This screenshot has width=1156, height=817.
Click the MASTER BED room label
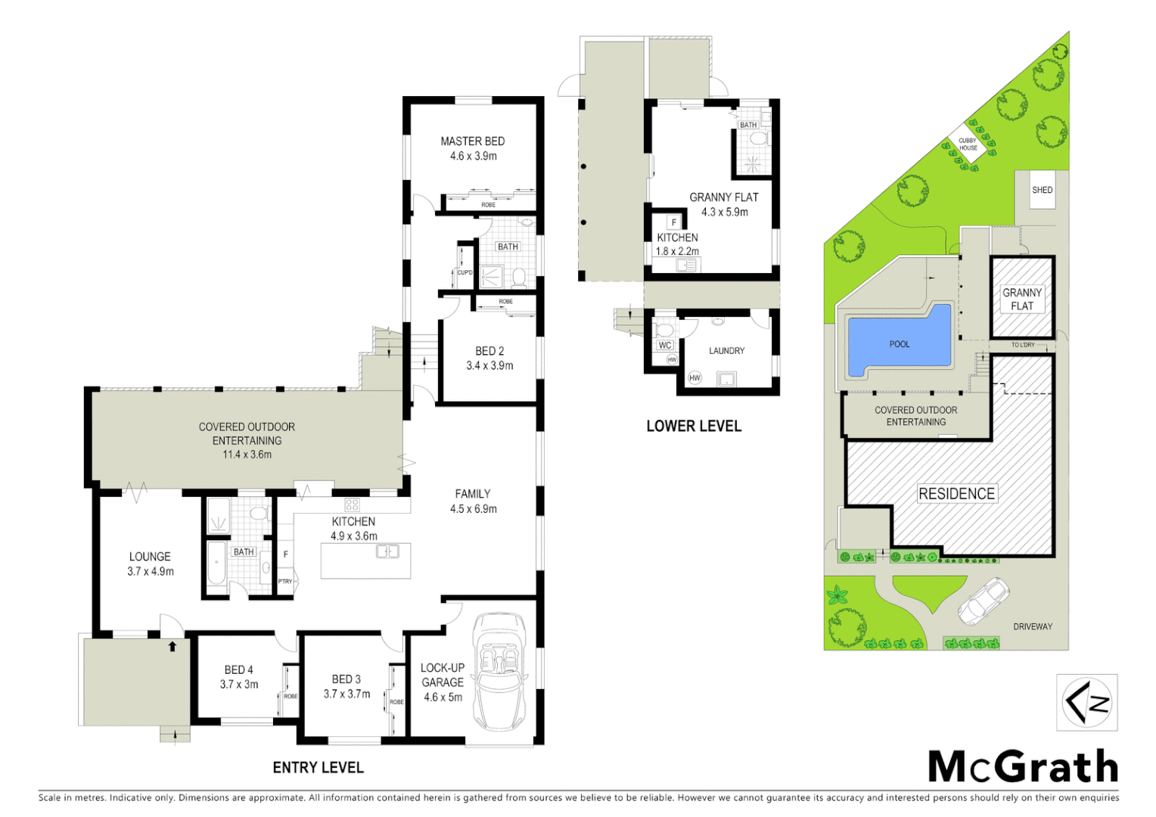(472, 141)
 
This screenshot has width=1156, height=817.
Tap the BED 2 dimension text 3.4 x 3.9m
(489, 366)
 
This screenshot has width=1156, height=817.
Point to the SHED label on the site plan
(1042, 190)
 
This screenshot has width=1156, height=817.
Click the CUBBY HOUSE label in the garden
(968, 144)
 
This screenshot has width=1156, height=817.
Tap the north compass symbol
(1086, 703)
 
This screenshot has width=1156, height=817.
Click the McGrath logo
(1023, 767)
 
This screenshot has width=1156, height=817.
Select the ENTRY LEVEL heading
(318, 768)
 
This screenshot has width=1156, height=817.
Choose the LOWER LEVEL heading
(694, 426)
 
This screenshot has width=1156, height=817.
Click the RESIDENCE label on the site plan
(956, 494)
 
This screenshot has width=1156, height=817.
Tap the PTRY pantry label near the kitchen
(285, 582)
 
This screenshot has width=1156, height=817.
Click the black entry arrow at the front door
(172, 646)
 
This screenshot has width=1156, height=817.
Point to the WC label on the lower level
(665, 346)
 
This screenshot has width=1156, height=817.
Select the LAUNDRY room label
(726, 351)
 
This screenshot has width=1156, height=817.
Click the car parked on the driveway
(983, 601)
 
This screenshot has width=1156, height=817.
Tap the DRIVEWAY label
(1032, 626)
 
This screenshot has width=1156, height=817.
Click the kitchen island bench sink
(387, 552)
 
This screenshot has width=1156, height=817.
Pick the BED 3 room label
(346, 679)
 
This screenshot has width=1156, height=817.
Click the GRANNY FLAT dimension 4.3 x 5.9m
(724, 213)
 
